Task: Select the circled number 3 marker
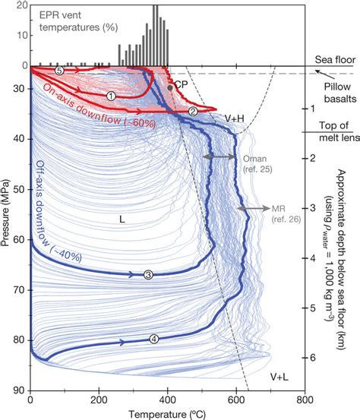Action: (x=149, y=274)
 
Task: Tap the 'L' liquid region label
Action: (x=122, y=218)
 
